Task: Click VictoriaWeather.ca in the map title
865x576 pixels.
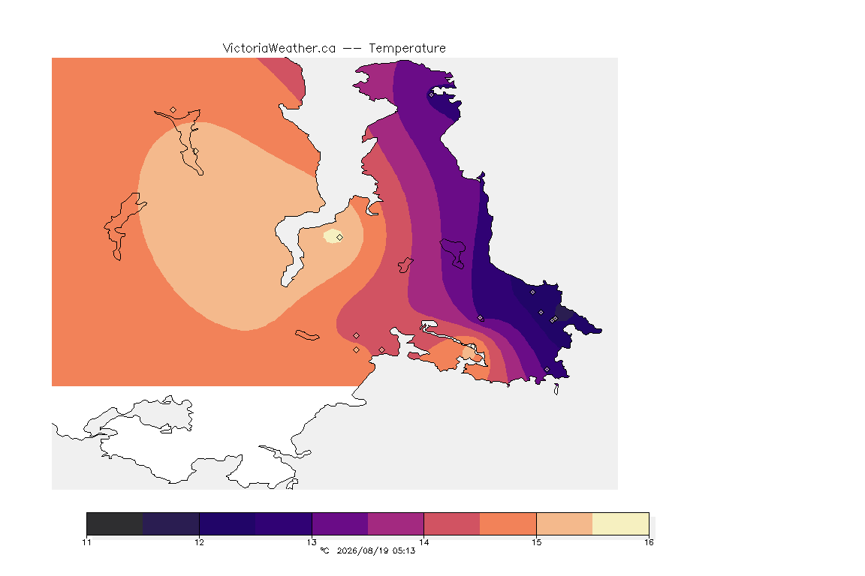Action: pos(279,49)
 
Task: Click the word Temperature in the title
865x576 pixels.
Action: pos(407,49)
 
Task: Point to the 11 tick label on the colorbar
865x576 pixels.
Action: pos(86,542)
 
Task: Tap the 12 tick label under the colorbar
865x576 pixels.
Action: pos(199,542)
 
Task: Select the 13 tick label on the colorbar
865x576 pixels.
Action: pos(312,542)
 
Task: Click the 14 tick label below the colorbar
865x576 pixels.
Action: pos(423,542)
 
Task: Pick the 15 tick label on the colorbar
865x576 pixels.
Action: pos(536,542)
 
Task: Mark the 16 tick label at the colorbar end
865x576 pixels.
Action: pos(649,542)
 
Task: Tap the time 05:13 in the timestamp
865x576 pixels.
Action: pos(405,550)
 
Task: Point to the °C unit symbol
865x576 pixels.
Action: pos(325,550)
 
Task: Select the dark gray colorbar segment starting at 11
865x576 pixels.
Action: pos(115,523)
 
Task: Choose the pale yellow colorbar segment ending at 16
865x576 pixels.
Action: pos(621,523)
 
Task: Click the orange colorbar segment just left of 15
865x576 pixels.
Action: pos(508,523)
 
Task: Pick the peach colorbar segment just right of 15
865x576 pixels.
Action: pos(565,523)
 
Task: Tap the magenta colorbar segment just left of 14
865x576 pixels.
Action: pos(396,523)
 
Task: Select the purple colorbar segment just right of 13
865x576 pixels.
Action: pos(340,523)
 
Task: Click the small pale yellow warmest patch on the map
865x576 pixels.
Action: pos(331,236)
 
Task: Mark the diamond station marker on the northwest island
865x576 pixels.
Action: pos(173,110)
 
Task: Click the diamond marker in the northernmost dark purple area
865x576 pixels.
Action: pos(432,94)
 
